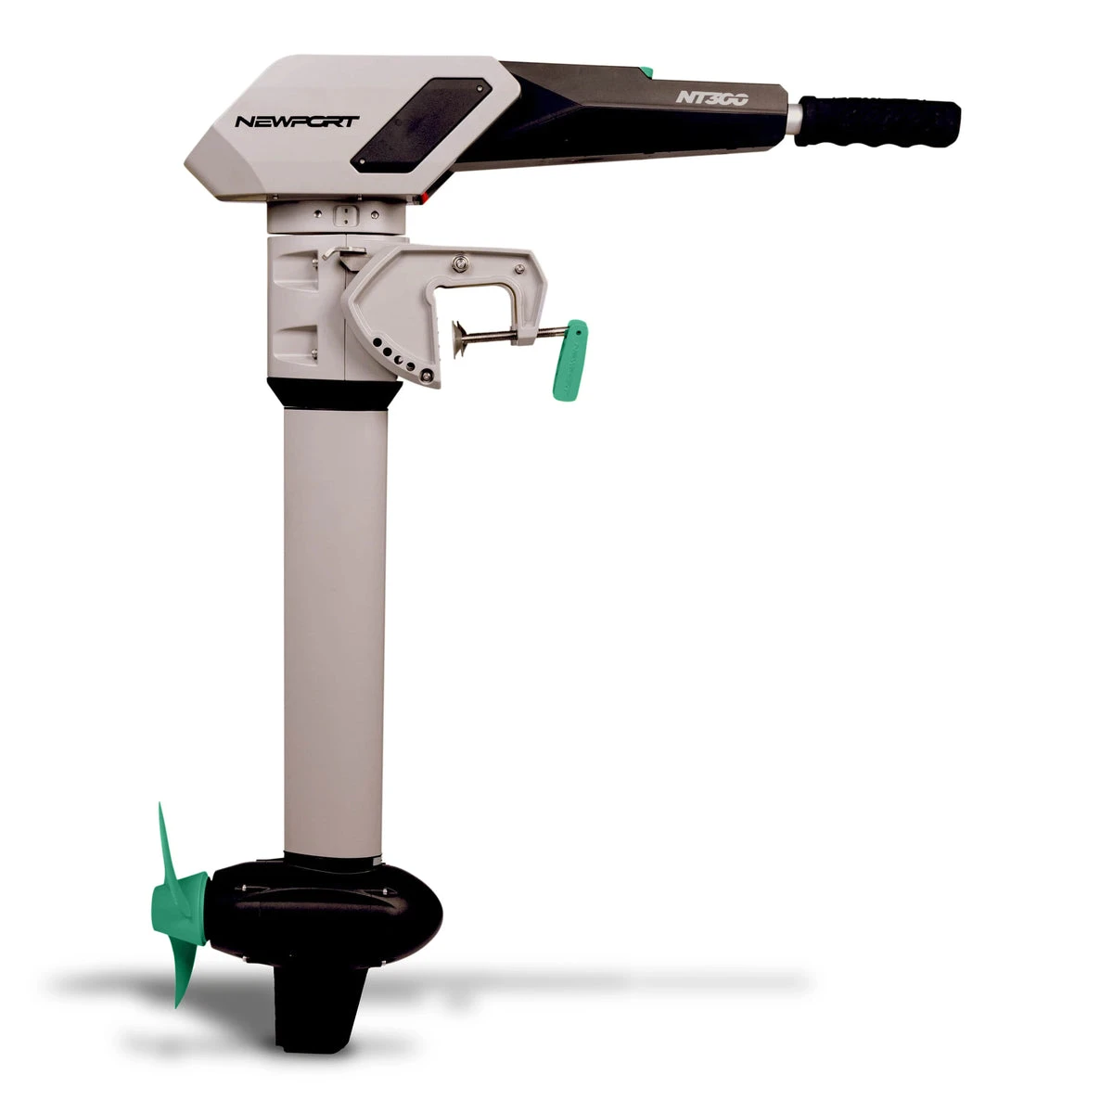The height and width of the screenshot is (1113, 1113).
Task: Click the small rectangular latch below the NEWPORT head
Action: [x=346, y=216]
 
